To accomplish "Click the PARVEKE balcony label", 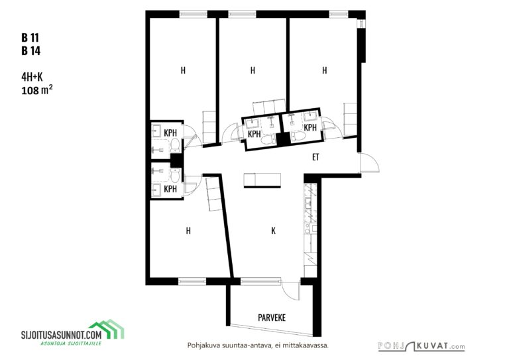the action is click(x=272, y=317).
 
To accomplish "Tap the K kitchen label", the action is click(x=273, y=231).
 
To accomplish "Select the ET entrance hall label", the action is click(x=315, y=157).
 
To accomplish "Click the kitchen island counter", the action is click(x=262, y=180).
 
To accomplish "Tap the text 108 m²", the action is click(x=37, y=90).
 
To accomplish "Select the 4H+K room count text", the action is click(x=32, y=77).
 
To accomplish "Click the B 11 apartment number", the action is click(x=30, y=38).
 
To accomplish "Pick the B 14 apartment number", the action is click(x=31, y=51).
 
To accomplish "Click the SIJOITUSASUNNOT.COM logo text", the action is click(x=62, y=334).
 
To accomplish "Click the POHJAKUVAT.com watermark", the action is click(x=422, y=346).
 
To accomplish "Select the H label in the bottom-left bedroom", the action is click(x=188, y=231).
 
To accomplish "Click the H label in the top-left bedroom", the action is click(x=183, y=70).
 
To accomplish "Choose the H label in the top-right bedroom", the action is click(x=324, y=70).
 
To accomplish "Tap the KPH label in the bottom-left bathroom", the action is click(x=170, y=189).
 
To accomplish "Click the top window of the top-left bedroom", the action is click(x=193, y=15).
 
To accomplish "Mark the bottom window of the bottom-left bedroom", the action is click(x=192, y=281).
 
